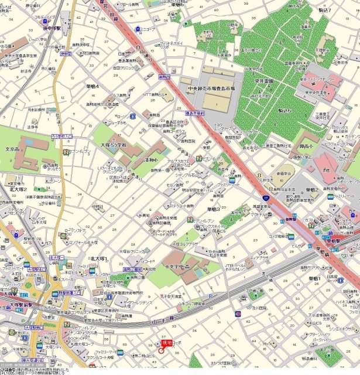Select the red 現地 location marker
(x=166, y=343)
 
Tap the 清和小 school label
(x=152, y=158)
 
